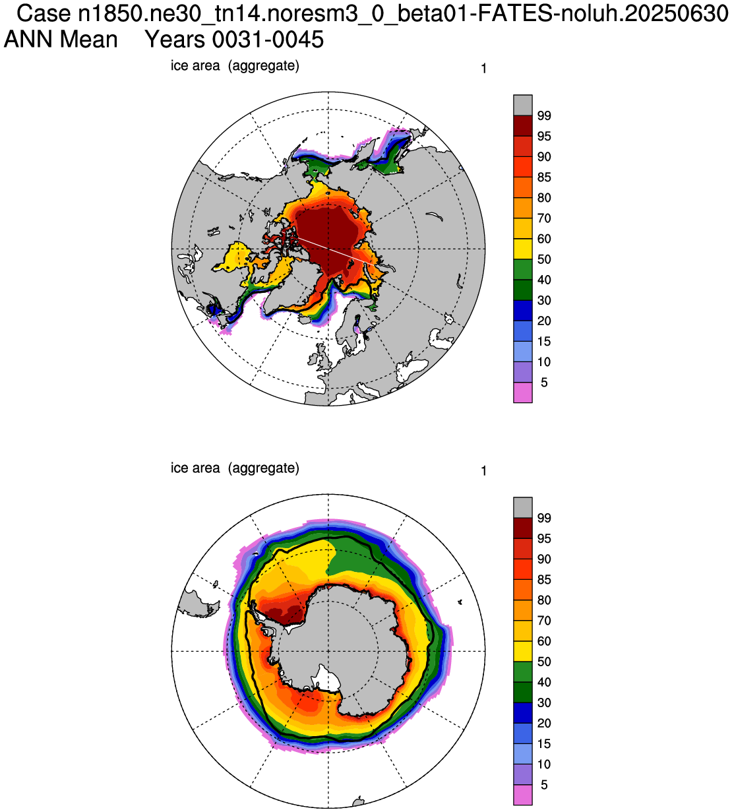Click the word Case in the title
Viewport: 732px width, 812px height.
43,14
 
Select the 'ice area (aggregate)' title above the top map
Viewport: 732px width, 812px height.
235,65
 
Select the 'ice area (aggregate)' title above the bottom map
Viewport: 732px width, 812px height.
235,468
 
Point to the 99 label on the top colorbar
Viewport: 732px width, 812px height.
544,116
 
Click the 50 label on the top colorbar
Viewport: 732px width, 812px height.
544,259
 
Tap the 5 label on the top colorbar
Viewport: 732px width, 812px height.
544,383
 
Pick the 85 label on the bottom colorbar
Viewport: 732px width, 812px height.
544,579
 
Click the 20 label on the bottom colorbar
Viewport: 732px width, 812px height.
544,723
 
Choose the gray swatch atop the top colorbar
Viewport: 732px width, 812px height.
523,106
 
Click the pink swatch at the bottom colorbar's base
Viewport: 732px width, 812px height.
523,795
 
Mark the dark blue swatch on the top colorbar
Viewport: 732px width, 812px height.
523,311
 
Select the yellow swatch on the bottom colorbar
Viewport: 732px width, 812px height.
523,651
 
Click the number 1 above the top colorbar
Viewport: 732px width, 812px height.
483,69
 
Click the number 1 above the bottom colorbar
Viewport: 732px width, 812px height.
483,471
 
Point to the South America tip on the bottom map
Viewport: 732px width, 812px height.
199,603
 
